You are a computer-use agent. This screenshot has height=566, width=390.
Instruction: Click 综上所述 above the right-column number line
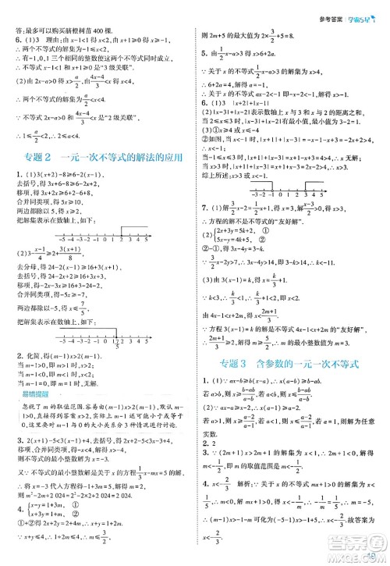pyautogui.click(x=215, y=199)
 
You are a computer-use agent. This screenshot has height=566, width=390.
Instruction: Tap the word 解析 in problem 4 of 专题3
pyautogui.click(x=250, y=461)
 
